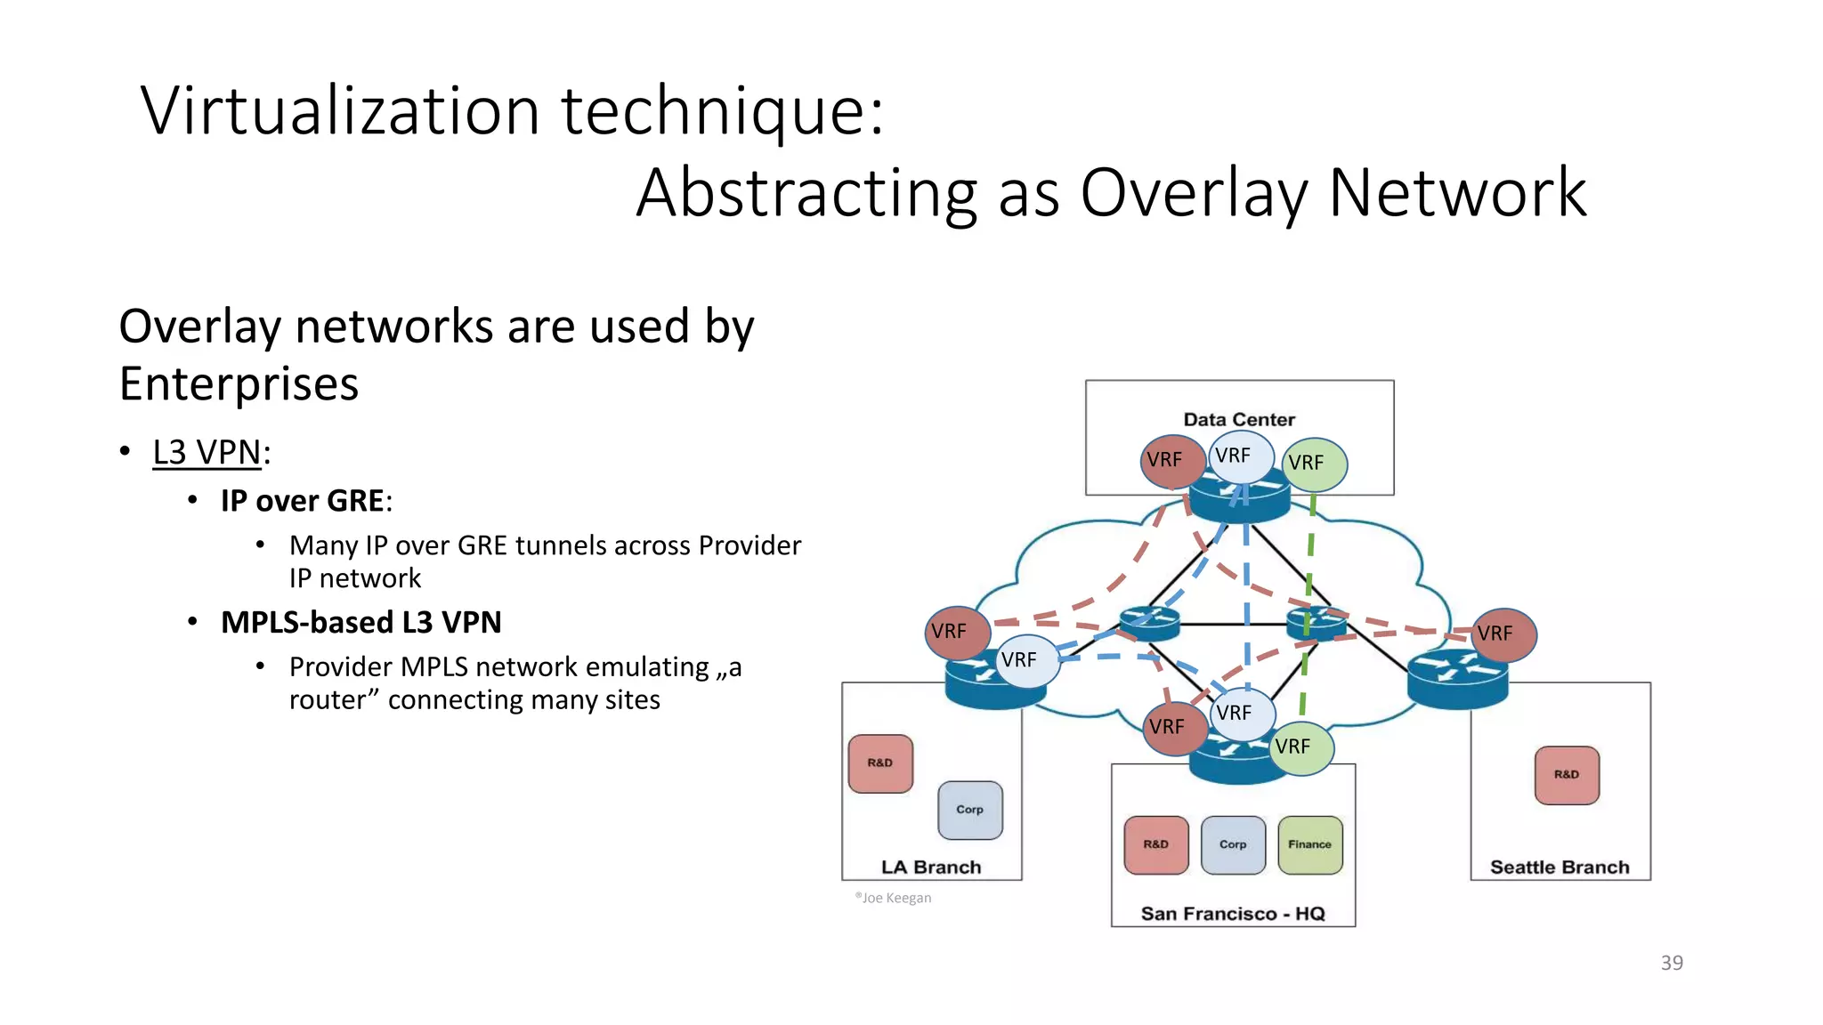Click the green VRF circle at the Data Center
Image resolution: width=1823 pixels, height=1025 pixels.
click(1316, 464)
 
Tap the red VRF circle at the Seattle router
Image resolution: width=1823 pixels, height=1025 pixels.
click(1503, 634)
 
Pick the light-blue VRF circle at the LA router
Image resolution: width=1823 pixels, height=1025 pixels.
click(1026, 660)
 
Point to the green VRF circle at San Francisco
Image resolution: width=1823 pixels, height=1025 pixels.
click(1300, 747)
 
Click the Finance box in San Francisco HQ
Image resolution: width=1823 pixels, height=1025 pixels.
click(1309, 844)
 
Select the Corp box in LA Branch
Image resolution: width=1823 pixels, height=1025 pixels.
click(970, 810)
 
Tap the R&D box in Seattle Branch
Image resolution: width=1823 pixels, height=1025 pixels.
click(1567, 775)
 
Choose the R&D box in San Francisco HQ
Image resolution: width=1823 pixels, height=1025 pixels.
click(1155, 844)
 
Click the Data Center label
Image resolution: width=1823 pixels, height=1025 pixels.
click(1238, 420)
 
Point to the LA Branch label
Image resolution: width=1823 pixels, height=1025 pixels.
click(931, 868)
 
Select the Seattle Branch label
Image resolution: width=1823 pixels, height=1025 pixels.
click(1560, 868)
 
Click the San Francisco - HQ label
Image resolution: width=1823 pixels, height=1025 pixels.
click(1233, 914)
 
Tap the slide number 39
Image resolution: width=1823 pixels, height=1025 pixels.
click(1672, 963)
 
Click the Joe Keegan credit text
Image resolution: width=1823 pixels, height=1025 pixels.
click(894, 898)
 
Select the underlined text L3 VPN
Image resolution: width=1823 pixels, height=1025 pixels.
click(207, 453)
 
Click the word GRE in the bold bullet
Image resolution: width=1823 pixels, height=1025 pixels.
click(354, 501)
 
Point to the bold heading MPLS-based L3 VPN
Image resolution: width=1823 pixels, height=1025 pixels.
click(361, 623)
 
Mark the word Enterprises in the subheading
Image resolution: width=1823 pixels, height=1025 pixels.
click(239, 384)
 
